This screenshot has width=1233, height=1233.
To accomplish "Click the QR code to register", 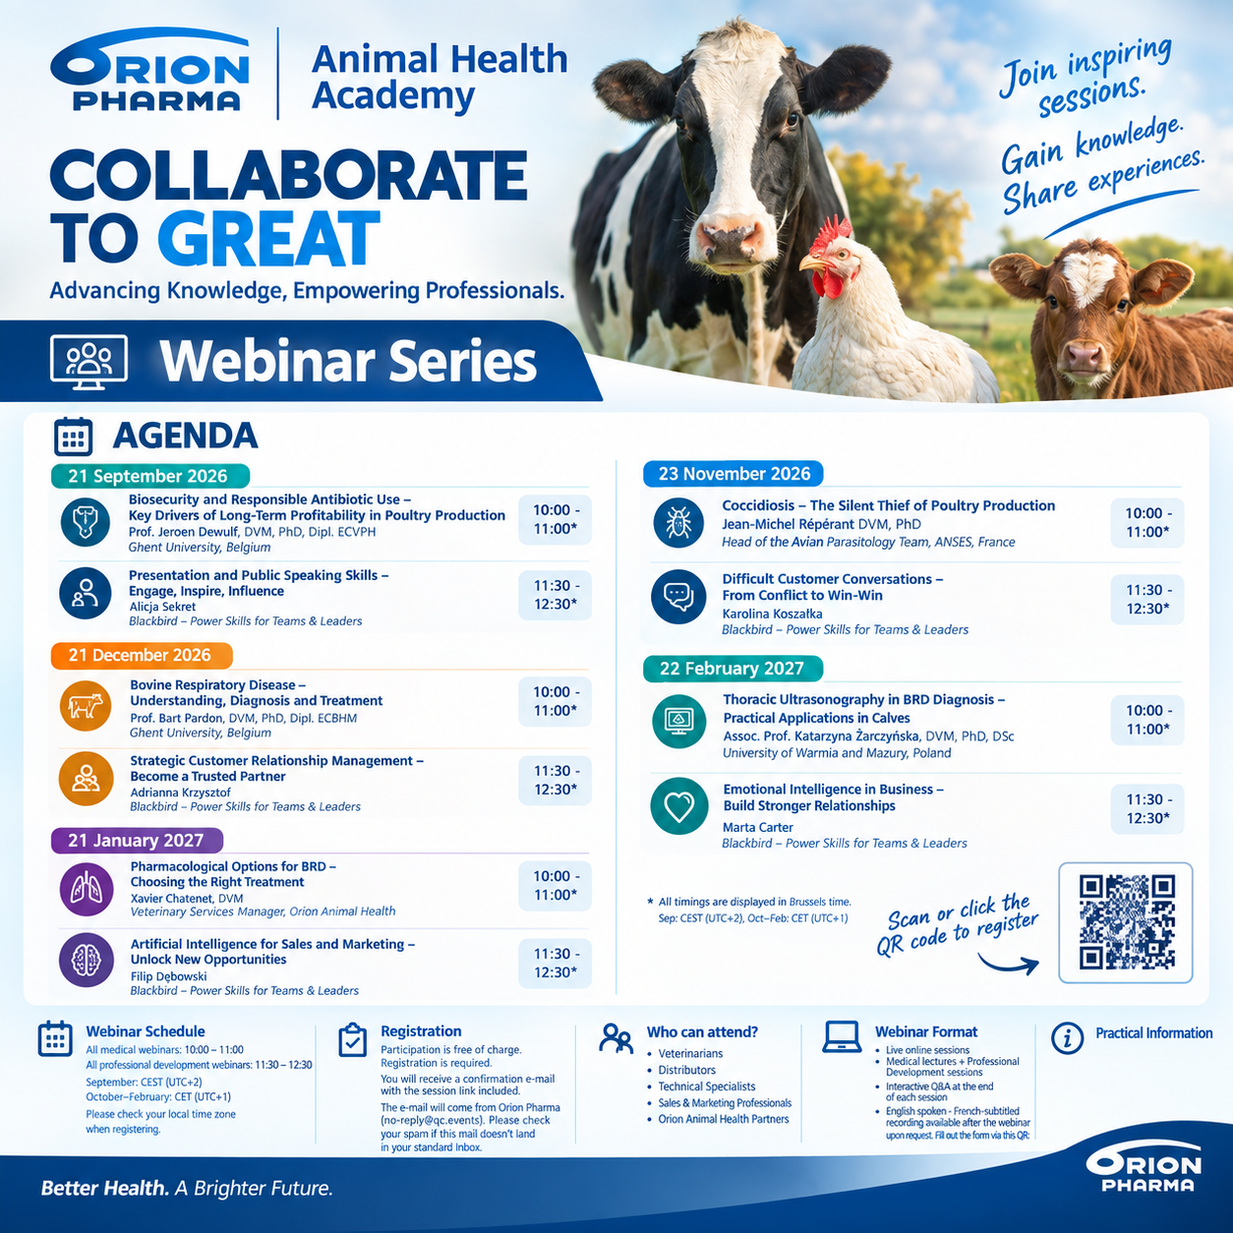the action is (1126, 922).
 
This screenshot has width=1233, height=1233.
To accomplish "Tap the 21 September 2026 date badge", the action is (149, 476).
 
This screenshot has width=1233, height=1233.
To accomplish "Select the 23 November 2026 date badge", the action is (734, 474).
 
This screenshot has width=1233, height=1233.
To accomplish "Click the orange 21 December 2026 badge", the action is (142, 655).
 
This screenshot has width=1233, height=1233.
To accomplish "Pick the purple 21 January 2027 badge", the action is (137, 840).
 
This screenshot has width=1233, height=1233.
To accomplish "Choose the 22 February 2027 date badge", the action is (733, 669).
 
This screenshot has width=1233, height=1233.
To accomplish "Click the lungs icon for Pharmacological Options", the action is (86, 889).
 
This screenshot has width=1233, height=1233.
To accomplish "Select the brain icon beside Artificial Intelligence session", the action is (86, 960).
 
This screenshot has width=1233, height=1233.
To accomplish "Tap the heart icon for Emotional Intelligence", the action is (678, 806).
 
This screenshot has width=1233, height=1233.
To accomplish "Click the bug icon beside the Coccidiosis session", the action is (678, 523).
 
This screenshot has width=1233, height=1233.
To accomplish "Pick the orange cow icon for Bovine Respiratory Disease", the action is (86, 706).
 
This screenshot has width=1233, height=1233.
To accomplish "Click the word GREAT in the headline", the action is (268, 239).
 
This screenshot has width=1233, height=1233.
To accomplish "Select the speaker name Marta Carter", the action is (757, 827).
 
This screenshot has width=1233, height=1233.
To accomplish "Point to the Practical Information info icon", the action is (1067, 1038).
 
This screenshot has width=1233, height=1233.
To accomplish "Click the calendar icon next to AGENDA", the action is (73, 436).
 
